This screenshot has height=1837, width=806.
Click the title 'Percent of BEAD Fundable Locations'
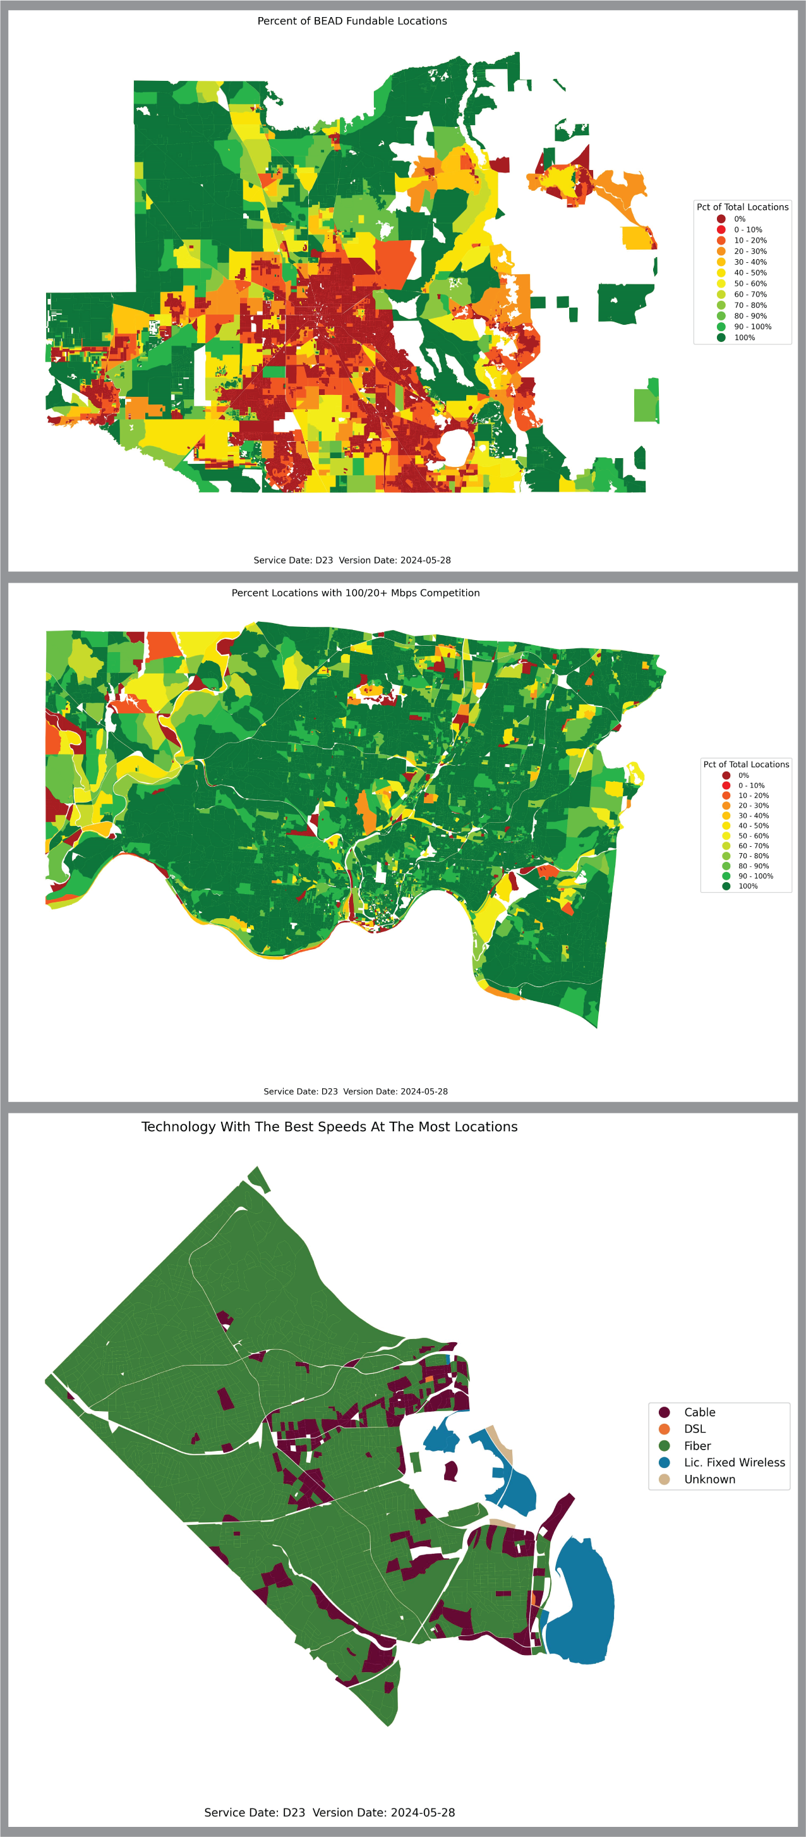click(352, 21)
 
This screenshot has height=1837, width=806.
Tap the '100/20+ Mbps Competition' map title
click(356, 593)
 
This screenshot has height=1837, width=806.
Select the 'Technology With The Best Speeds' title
click(329, 1127)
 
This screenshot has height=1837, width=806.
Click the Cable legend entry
click(699, 1412)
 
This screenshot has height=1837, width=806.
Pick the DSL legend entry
click(694, 1428)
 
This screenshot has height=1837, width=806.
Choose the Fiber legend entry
click(697, 1445)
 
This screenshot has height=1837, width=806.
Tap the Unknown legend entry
click(709, 1479)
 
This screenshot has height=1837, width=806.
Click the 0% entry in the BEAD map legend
click(740, 219)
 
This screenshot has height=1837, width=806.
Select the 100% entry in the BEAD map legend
click(744, 337)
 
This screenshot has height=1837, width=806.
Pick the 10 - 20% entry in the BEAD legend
click(750, 240)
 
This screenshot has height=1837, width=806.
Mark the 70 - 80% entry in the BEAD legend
click(750, 305)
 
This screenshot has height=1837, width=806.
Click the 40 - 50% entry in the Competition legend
click(754, 826)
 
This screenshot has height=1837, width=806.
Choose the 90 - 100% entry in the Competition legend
click(755, 876)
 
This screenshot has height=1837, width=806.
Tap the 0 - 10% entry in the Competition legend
click(751, 785)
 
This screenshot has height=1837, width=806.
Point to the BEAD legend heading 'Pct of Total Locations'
click(743, 207)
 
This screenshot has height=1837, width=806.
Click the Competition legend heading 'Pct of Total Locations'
click(746, 765)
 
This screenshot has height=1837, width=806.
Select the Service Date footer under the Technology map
click(329, 1812)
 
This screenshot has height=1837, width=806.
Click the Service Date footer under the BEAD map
click(352, 560)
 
